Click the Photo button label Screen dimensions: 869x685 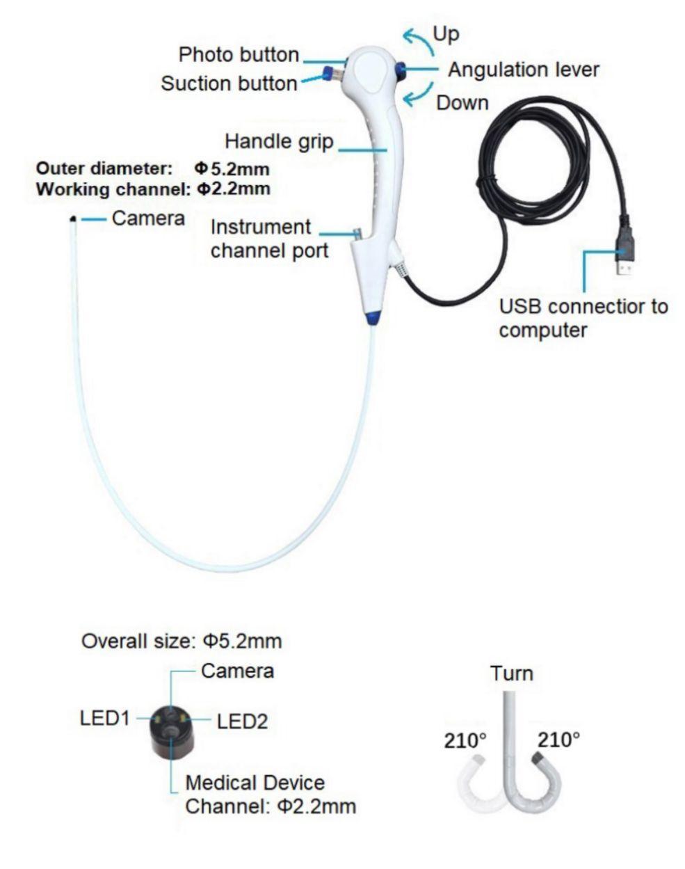(239, 54)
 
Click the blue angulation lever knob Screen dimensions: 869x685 (401, 70)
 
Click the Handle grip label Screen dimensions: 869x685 (278, 141)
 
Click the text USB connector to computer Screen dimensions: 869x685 (583, 317)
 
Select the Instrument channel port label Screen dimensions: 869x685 (269, 239)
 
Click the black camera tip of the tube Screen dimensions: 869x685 (73, 219)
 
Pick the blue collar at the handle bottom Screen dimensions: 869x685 (371, 318)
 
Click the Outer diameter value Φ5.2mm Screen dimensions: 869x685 (232, 168)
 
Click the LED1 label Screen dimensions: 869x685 (105, 717)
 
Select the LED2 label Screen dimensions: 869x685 (242, 721)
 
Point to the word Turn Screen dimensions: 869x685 (511, 673)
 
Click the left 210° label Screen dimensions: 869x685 (463, 740)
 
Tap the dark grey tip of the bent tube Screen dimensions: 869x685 (540, 757)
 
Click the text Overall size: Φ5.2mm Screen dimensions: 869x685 (182, 641)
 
